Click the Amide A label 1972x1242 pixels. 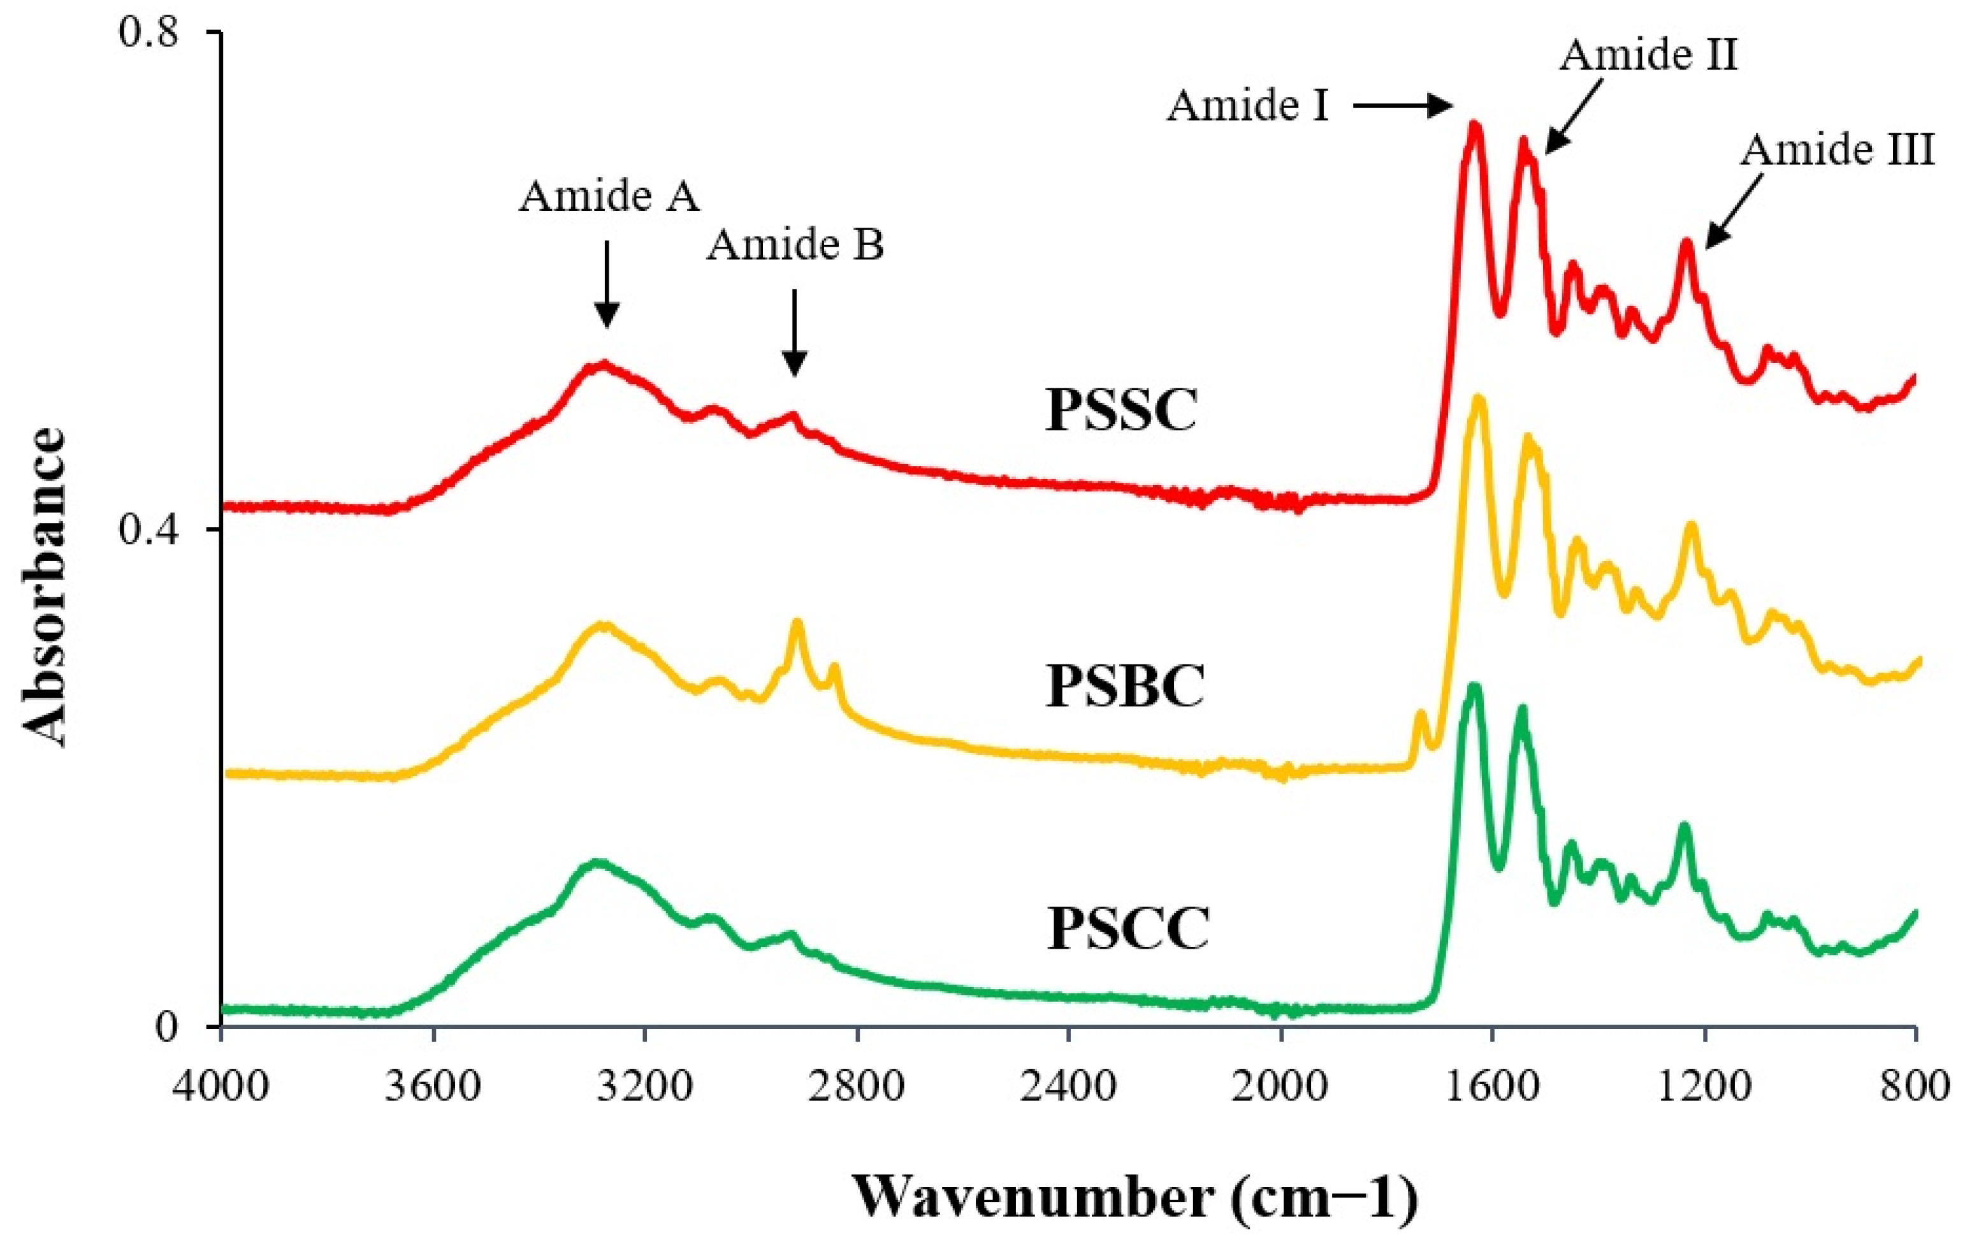pos(609,196)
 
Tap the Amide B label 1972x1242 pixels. pos(795,245)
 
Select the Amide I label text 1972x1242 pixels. pos(1247,106)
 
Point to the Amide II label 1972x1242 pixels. pos(1648,55)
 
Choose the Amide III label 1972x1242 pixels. pos(1837,150)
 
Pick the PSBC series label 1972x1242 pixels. pos(1125,687)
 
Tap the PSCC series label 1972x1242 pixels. pos(1127,928)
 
